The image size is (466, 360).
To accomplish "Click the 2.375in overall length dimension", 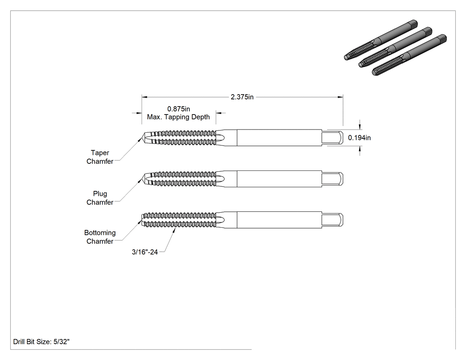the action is pyautogui.click(x=242, y=97).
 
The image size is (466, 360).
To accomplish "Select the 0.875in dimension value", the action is pyautogui.click(x=178, y=109).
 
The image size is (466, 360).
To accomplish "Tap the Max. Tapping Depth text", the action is pyautogui.click(x=178, y=117).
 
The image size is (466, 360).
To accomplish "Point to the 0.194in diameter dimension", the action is pyautogui.click(x=359, y=138).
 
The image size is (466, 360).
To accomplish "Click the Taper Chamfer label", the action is pyautogui.click(x=100, y=157).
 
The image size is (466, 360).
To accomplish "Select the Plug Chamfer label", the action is pyautogui.click(x=100, y=198).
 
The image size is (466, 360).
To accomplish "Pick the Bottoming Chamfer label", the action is pyautogui.click(x=100, y=237).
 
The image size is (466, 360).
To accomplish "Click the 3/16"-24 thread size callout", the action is pyautogui.click(x=145, y=252).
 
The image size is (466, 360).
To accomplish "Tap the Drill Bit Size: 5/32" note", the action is pyautogui.click(x=41, y=341).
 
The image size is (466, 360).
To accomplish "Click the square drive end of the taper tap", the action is pyautogui.click(x=332, y=138).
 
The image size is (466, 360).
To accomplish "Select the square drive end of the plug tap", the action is pyautogui.click(x=332, y=178).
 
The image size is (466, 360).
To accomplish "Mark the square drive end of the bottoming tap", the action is pyautogui.click(x=332, y=220).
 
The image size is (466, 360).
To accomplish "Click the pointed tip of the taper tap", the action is pyautogui.click(x=142, y=138).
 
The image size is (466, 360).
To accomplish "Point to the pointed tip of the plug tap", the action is pyautogui.click(x=142, y=178).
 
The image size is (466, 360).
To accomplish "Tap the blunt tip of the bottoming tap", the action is pyautogui.click(x=142, y=220).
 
